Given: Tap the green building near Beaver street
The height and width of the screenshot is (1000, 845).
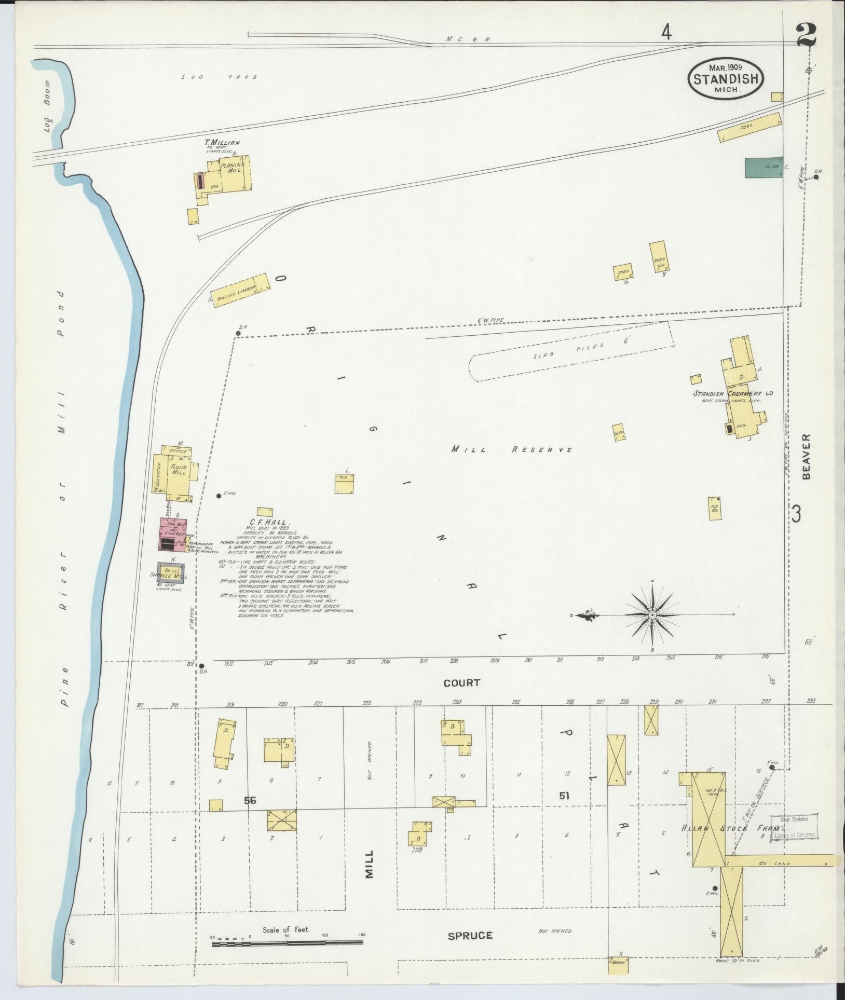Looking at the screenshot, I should point(764,167).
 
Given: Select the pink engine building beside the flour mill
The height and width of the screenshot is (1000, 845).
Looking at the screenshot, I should point(172,534).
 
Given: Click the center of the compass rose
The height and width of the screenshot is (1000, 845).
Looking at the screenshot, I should point(653,615).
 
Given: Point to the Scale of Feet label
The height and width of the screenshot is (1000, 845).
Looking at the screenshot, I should point(286,929).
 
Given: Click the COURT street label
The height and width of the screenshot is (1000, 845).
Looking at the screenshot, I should point(461,683).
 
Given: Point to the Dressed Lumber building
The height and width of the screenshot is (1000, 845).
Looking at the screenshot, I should point(240,291).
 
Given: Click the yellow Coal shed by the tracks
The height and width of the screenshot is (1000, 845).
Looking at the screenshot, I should point(749,127).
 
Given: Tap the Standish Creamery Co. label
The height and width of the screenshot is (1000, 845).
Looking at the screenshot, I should point(733,394).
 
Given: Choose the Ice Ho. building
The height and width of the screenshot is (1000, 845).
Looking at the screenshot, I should point(715,508).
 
